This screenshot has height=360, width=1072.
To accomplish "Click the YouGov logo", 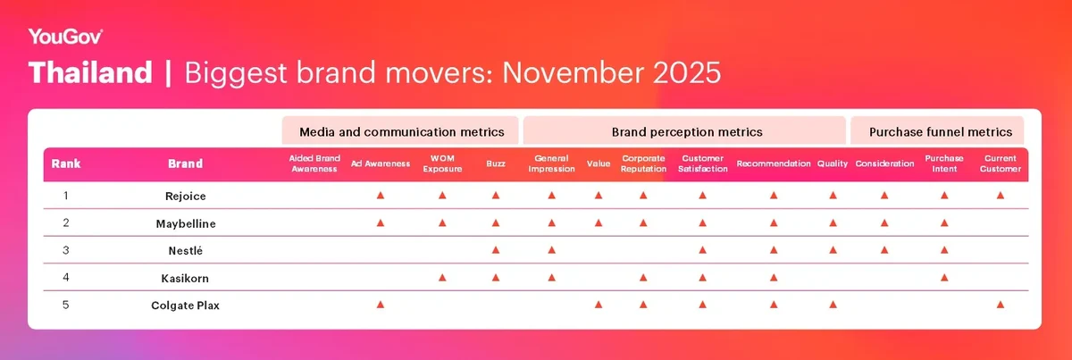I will click(x=65, y=37).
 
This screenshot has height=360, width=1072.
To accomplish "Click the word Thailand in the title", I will click(x=90, y=73).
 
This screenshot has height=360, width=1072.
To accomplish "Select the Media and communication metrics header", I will click(x=401, y=131).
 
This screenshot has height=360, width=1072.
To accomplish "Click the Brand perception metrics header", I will click(x=686, y=131).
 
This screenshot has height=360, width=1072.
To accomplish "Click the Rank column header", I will click(x=66, y=164).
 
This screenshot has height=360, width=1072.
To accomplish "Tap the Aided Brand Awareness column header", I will click(x=314, y=164).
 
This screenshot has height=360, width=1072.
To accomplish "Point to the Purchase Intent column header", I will click(x=944, y=164).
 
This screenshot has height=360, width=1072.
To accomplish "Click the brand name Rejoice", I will click(x=185, y=195).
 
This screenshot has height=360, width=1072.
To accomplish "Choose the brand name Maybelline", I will click(x=185, y=222).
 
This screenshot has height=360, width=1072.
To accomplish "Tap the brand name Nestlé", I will click(x=185, y=250).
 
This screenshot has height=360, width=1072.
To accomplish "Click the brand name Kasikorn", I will click(x=185, y=278).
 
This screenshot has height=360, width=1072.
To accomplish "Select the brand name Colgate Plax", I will click(x=185, y=306).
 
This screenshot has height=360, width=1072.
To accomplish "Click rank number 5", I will click(x=66, y=306).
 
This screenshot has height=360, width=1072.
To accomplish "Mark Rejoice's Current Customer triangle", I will click(x=1000, y=195).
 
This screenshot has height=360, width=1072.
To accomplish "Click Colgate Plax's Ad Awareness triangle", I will click(x=380, y=305).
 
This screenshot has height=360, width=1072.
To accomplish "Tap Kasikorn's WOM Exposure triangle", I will click(x=441, y=278).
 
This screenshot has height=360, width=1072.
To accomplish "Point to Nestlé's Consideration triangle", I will click(x=884, y=250).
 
